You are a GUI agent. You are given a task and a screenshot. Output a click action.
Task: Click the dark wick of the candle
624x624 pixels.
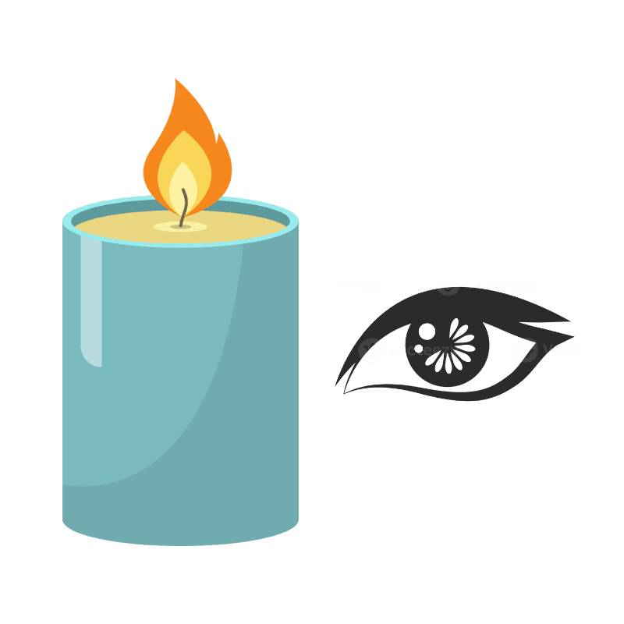[x=184, y=209]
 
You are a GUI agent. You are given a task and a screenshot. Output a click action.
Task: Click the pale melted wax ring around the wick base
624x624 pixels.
[x=181, y=227]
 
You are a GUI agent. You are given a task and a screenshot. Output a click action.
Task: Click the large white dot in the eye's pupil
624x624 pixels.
[x=427, y=331]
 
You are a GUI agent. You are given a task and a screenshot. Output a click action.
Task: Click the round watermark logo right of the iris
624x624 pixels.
[x=526, y=351]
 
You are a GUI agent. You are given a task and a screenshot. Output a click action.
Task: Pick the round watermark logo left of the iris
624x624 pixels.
[x=370, y=351]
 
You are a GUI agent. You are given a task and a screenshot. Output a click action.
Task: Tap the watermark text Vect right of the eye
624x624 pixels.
[x=560, y=350]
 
